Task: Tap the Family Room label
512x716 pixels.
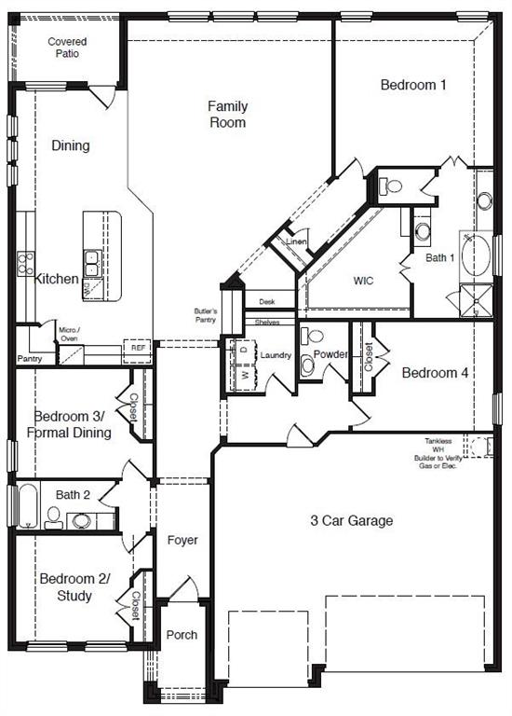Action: (x=226, y=114)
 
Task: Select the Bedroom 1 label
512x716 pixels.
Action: (x=413, y=85)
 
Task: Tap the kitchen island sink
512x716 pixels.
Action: (x=92, y=263)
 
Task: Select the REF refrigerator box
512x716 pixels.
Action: (x=138, y=348)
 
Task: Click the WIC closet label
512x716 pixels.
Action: (x=362, y=280)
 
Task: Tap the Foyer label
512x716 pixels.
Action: (x=182, y=540)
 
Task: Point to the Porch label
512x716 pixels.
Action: (x=182, y=635)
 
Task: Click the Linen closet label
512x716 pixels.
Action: (x=296, y=242)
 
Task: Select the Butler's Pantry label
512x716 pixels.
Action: (x=206, y=315)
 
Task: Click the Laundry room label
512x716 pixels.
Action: (x=276, y=355)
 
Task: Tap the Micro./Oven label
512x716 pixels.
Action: (x=68, y=334)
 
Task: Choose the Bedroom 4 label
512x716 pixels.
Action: (x=435, y=373)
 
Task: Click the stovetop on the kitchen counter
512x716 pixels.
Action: (x=25, y=263)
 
